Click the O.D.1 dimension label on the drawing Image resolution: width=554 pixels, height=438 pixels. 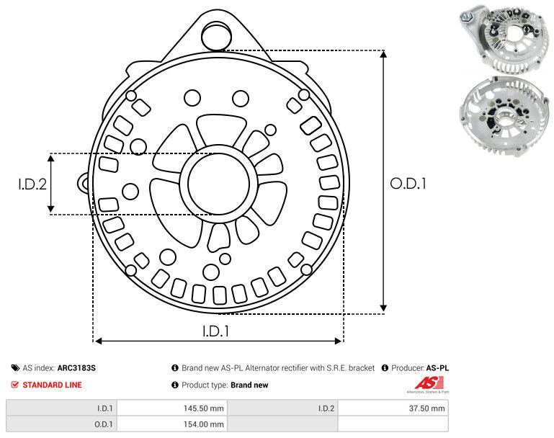(408, 184)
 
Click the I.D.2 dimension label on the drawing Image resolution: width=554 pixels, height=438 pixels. (32, 184)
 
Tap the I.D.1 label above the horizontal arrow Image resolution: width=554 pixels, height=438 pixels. (216, 331)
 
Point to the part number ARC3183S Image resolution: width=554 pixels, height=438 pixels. (76, 368)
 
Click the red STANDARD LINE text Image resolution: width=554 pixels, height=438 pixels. (52, 385)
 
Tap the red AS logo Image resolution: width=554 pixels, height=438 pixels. (429, 383)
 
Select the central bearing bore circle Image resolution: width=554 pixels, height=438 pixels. (219, 184)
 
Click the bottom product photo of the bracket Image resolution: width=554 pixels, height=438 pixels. (504, 116)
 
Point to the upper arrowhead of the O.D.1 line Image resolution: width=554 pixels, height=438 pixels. (384, 54)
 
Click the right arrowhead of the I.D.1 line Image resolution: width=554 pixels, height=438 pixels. (338, 341)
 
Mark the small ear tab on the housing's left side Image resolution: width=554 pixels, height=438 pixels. (83, 183)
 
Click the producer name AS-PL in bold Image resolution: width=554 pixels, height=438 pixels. (437, 368)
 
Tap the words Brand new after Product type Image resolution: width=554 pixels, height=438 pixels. (249, 385)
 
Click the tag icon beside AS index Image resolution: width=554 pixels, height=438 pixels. (15, 368)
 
